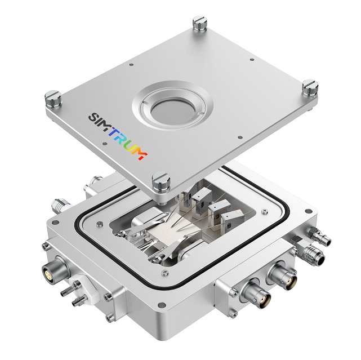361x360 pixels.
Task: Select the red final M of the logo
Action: tap(141, 154)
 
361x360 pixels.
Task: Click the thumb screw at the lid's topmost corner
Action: tap(200, 23)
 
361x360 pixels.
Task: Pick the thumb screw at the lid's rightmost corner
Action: tap(310, 87)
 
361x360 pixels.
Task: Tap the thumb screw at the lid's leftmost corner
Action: tap(53, 99)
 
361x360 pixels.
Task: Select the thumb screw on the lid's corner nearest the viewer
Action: tap(161, 182)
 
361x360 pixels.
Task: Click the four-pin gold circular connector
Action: tap(49, 273)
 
